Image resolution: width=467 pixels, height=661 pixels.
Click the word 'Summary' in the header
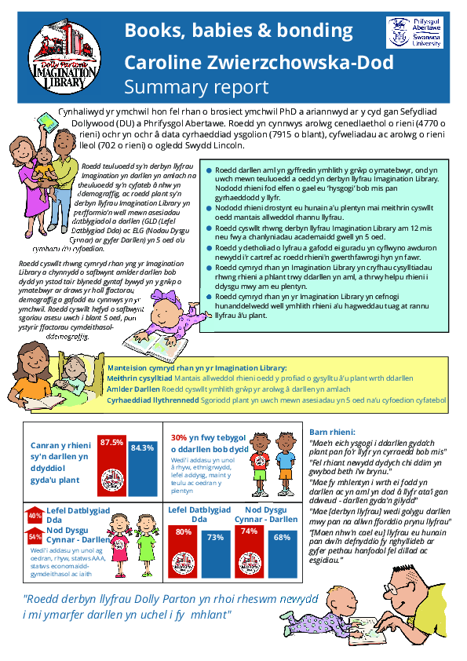163,86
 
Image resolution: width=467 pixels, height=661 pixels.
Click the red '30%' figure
178,438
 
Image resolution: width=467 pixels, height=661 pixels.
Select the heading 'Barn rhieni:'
330,433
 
